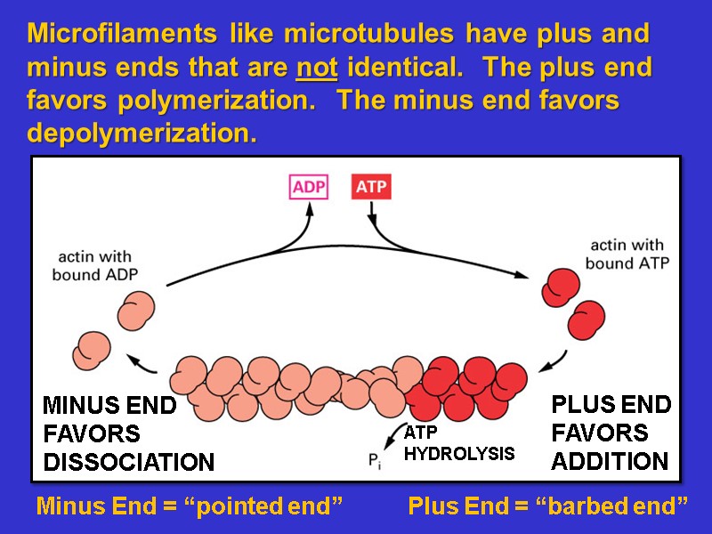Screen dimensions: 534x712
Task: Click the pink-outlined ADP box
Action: click(310, 188)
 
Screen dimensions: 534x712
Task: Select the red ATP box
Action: click(370, 188)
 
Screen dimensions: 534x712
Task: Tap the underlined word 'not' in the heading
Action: click(317, 68)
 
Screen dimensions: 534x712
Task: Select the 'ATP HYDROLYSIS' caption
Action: click(459, 443)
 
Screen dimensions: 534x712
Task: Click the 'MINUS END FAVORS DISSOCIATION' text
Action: click(128, 434)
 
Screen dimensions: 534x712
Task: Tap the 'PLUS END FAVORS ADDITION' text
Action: click(611, 433)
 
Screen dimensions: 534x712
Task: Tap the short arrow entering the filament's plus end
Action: click(554, 360)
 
